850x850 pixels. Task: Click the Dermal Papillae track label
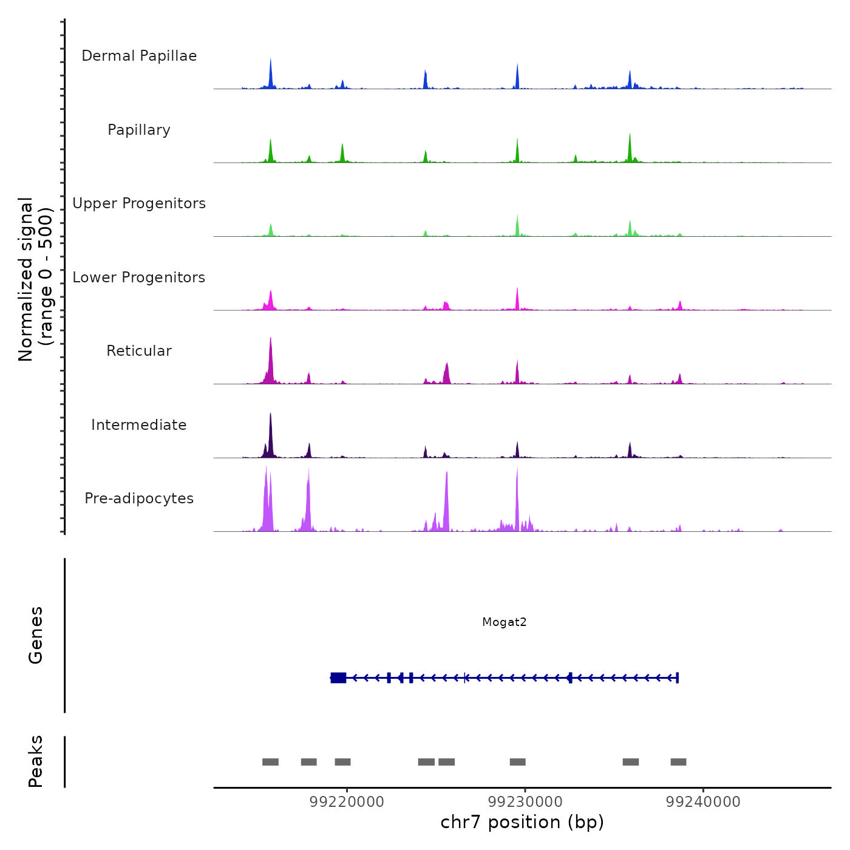pyautogui.click(x=139, y=56)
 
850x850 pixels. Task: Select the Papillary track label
pyautogui.click(x=139, y=130)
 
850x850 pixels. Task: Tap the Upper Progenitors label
pyautogui.click(x=139, y=203)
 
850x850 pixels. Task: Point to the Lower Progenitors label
pyautogui.click(x=139, y=277)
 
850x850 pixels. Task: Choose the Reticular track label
pyautogui.click(x=139, y=351)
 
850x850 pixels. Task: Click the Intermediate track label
pyautogui.click(x=139, y=425)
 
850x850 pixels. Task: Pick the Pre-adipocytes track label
pyautogui.click(x=139, y=498)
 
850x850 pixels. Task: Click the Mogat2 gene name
pyautogui.click(x=504, y=622)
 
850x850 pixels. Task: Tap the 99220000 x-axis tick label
pyautogui.click(x=347, y=802)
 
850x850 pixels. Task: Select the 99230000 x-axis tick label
pyautogui.click(x=525, y=802)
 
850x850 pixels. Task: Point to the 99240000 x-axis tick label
pyautogui.click(x=703, y=802)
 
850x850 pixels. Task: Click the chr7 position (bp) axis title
pyautogui.click(x=522, y=822)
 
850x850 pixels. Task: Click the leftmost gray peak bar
pyautogui.click(x=270, y=762)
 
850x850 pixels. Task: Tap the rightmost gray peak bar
pyautogui.click(x=678, y=762)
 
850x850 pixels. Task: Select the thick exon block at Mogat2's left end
pyautogui.click(x=339, y=678)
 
